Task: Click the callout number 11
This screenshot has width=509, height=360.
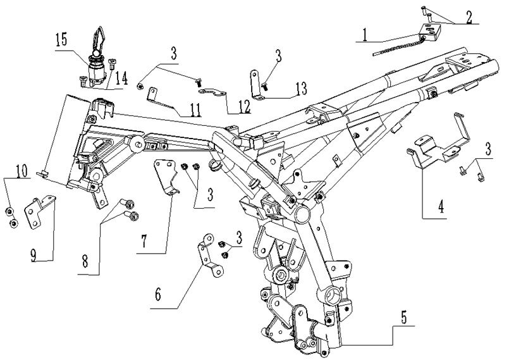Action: [193, 113]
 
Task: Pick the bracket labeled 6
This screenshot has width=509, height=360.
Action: [207, 256]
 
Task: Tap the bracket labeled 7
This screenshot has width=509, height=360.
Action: [166, 177]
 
